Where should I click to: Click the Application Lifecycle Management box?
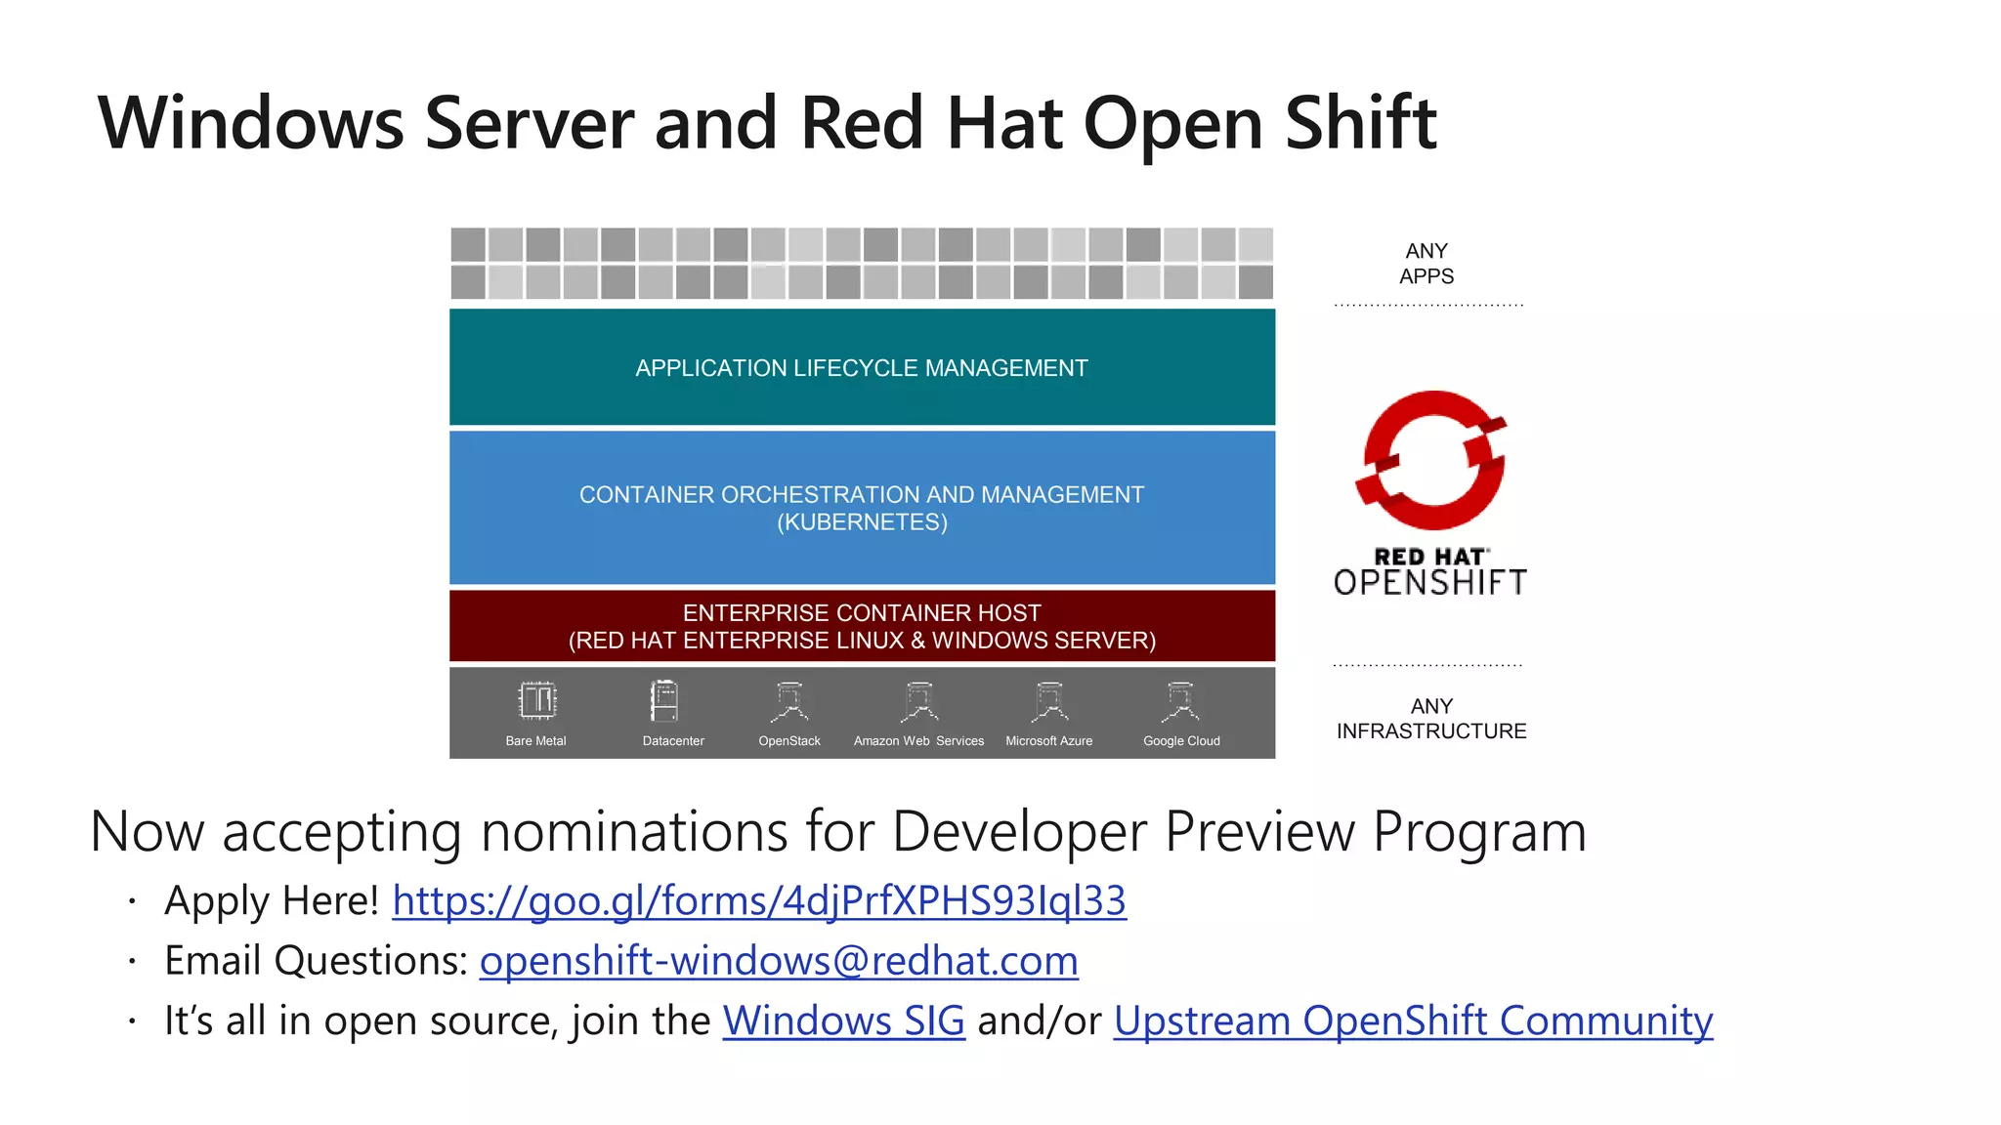click(x=862, y=367)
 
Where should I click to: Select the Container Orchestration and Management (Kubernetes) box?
click(x=862, y=508)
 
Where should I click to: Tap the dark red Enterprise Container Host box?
click(x=862, y=626)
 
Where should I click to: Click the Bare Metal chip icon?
click(x=536, y=700)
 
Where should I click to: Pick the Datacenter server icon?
click(x=664, y=700)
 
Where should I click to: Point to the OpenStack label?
click(x=789, y=741)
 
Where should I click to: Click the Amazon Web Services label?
click(x=918, y=741)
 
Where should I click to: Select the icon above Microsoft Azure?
click(x=1049, y=700)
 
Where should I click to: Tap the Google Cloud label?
click(x=1181, y=741)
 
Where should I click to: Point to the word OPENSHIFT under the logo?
click(x=1430, y=583)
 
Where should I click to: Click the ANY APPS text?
click(x=1426, y=264)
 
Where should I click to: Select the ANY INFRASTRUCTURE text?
click(x=1431, y=719)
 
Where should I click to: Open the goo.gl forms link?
click(x=759, y=900)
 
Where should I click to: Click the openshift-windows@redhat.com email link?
click(x=779, y=961)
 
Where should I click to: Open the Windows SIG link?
click(x=843, y=1021)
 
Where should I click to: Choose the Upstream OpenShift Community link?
click(x=1413, y=1021)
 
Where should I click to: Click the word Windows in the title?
click(x=251, y=124)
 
